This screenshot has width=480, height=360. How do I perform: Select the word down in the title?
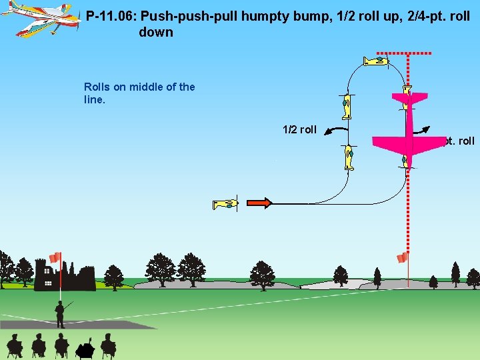(156, 32)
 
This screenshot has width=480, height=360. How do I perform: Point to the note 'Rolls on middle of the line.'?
(139, 93)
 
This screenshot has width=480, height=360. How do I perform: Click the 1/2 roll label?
(299, 129)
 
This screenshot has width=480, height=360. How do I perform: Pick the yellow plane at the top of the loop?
(375, 61)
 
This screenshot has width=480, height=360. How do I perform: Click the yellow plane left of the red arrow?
(225, 204)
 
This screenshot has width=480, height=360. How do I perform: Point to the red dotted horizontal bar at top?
(404, 52)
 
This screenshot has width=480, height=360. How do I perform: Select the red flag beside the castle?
(55, 257)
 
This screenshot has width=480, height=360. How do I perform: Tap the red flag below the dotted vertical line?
(402, 257)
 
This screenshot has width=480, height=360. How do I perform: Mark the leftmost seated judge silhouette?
(15, 345)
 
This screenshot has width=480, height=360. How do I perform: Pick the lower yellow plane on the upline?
(349, 157)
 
